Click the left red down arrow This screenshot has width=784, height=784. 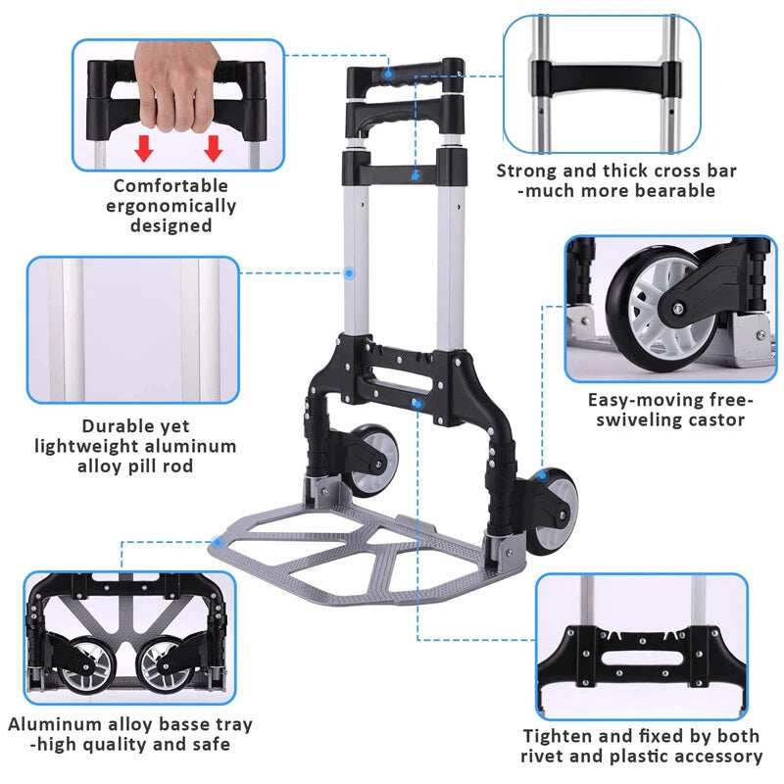click(x=144, y=147)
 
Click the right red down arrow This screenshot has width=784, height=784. click(x=214, y=147)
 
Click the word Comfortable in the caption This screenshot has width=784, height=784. click(x=171, y=185)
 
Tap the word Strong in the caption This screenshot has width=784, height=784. click(x=526, y=171)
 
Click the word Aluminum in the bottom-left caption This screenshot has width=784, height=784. click(x=55, y=724)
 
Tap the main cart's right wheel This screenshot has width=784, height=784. click(x=556, y=501)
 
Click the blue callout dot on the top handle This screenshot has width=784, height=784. click(x=388, y=73)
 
